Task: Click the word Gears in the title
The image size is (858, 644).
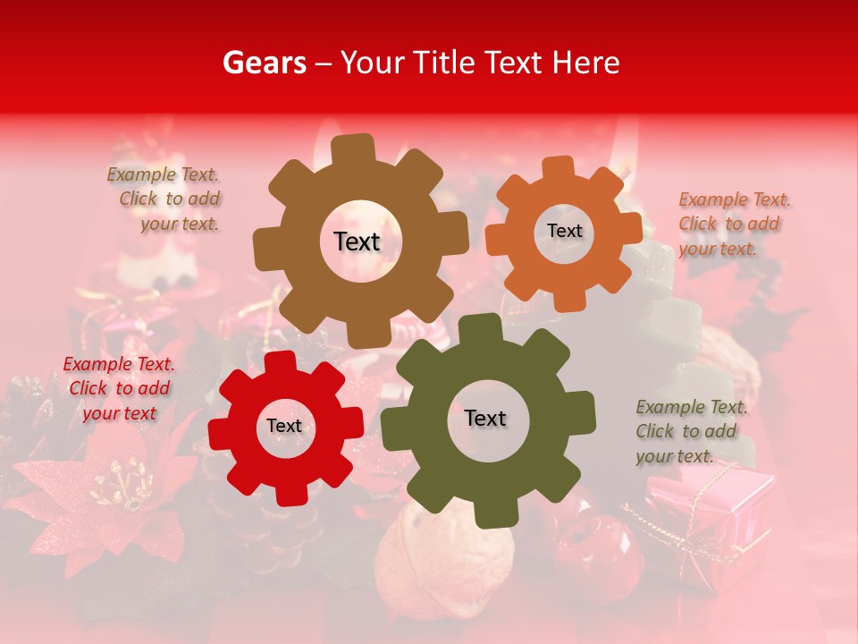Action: point(264,63)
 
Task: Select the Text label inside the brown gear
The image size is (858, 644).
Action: point(357,241)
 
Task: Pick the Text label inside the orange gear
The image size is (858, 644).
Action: point(564,231)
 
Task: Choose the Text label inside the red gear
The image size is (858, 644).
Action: point(284,426)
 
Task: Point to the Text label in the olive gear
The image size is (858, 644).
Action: point(485,418)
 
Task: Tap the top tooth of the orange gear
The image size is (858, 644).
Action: point(558,166)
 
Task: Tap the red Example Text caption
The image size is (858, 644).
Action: point(119,388)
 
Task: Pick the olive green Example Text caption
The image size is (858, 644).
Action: point(690,431)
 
